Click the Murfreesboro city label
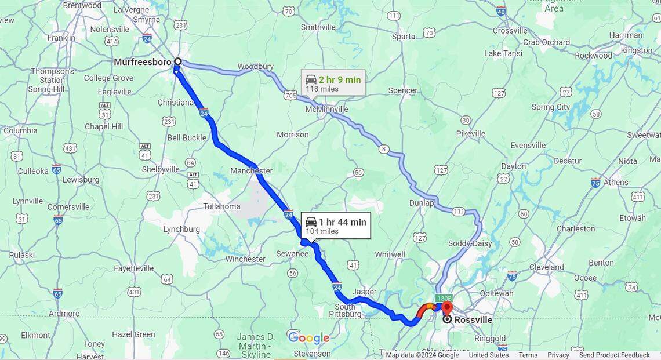tap(142, 62)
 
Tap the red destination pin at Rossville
tap(446, 306)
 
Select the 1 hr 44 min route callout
tap(336, 226)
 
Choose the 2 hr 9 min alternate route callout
tap(333, 83)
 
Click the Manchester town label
tap(251, 171)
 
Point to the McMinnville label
tap(327, 109)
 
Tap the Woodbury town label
tap(255, 67)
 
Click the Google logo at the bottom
tap(308, 338)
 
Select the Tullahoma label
tap(221, 206)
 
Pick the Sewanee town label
tap(292, 253)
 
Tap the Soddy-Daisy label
tap(470, 243)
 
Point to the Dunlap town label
tap(422, 203)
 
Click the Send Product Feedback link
tap(614, 355)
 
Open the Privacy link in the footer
tap(558, 355)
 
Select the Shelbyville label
tap(161, 169)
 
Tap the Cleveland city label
tap(546, 267)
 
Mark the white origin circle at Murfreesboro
tap(178, 61)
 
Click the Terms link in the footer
tap(528, 355)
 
